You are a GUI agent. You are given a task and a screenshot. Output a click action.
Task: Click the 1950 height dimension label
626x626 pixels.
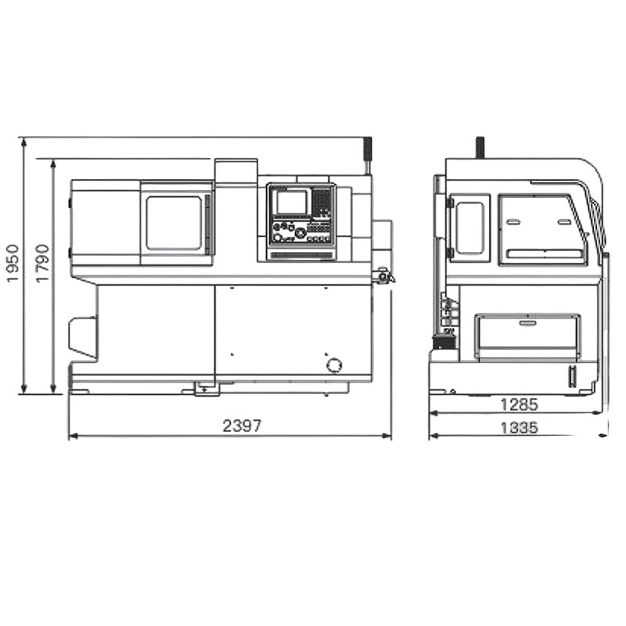tap(13, 263)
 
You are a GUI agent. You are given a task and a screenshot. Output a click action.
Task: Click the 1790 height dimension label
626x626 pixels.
tap(42, 263)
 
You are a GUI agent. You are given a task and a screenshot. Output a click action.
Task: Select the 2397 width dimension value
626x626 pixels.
tap(242, 426)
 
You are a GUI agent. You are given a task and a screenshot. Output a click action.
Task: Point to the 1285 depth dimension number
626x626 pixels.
tap(519, 405)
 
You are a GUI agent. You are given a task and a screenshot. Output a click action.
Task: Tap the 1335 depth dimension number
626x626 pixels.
tap(519, 428)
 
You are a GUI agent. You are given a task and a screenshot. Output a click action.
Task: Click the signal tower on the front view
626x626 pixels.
tap(367, 156)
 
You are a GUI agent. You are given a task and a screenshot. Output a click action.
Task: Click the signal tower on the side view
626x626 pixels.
tap(480, 148)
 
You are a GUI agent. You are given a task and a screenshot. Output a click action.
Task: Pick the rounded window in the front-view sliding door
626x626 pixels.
tap(174, 223)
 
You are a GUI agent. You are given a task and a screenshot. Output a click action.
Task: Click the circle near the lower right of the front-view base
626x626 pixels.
tap(334, 365)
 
